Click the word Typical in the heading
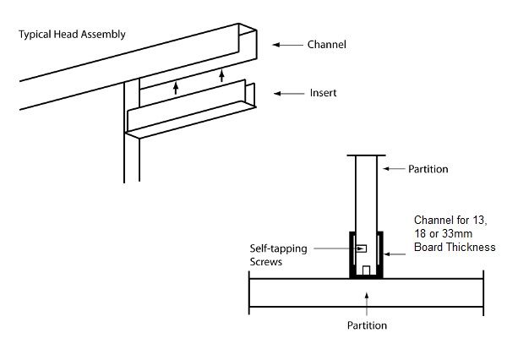pos(35,35)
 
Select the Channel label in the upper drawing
pos(327,44)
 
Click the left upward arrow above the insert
pos(176,85)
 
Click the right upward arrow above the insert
pos(221,76)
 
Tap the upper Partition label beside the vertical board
pos(428,169)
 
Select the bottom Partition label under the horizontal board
pos(368,325)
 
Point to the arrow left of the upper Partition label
pos(393,169)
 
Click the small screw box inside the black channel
pos(361,248)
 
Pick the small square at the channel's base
pos(367,270)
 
